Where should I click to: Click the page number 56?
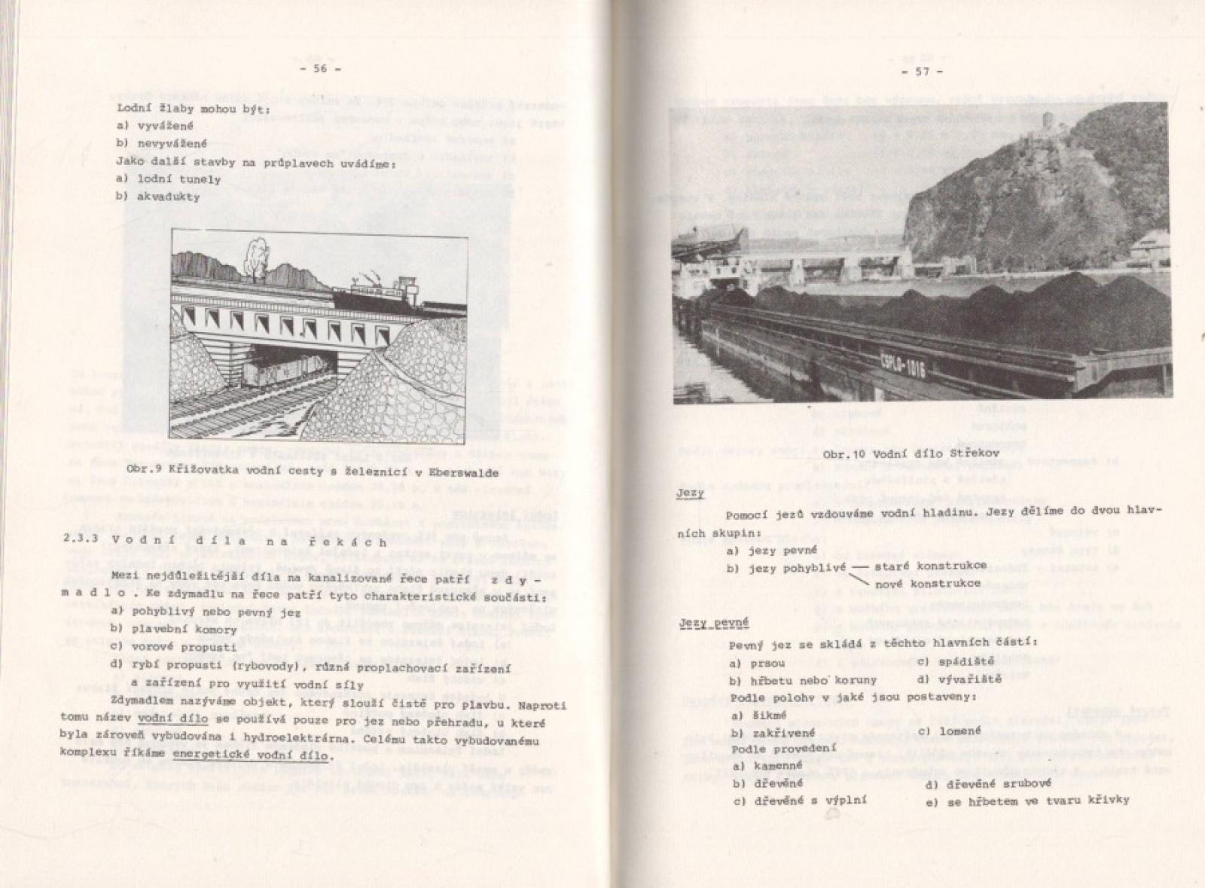pos(321,69)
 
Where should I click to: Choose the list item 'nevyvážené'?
pos(170,143)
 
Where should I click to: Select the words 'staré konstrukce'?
pos(930,565)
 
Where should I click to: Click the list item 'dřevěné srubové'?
pos(986,783)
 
